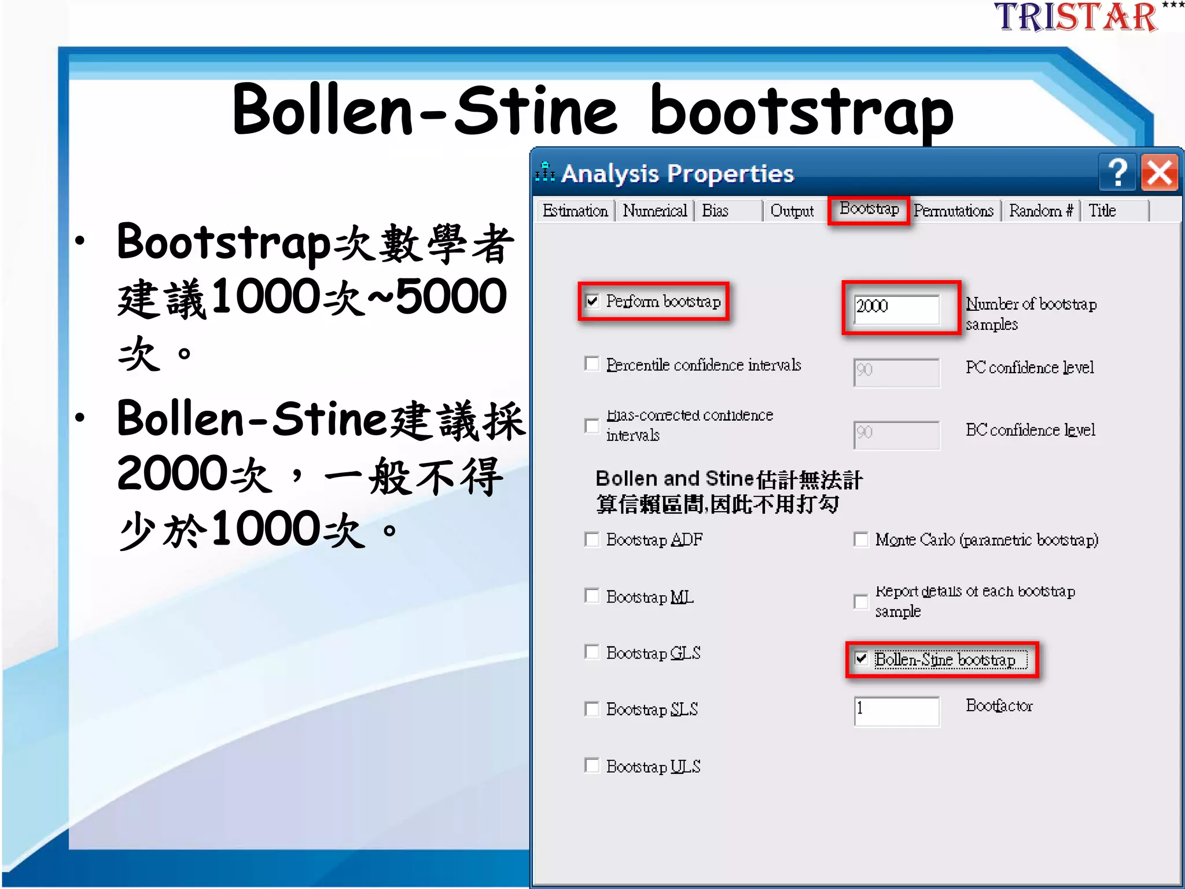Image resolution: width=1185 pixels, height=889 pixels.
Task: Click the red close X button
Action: coord(1160,172)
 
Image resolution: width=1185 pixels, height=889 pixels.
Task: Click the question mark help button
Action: coord(1117,172)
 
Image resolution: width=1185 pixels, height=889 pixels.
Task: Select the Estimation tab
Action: coord(575,211)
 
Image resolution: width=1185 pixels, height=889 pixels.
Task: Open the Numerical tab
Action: coord(654,211)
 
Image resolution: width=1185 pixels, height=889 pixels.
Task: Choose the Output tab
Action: coord(792,211)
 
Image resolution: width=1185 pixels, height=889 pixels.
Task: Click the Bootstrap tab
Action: coord(869,209)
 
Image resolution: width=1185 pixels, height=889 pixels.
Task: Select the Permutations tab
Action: coord(954,211)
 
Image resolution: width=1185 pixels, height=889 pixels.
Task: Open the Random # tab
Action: coord(1040,211)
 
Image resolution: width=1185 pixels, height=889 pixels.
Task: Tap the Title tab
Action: coord(1102,211)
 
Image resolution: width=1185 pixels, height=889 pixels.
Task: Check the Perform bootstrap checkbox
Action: coord(592,301)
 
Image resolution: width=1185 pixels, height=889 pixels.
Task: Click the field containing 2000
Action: coord(896,306)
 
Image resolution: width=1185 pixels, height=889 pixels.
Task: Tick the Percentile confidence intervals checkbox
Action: coord(592,363)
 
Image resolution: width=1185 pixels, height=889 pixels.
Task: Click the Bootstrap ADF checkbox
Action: coord(592,539)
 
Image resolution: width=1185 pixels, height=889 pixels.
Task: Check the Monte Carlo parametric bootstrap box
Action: coord(861,539)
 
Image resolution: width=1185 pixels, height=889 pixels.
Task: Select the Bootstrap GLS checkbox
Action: coord(592,652)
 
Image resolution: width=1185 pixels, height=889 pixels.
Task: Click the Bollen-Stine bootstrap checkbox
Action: coord(862,659)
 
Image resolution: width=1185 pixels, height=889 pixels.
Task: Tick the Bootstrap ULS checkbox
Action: coord(592,766)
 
